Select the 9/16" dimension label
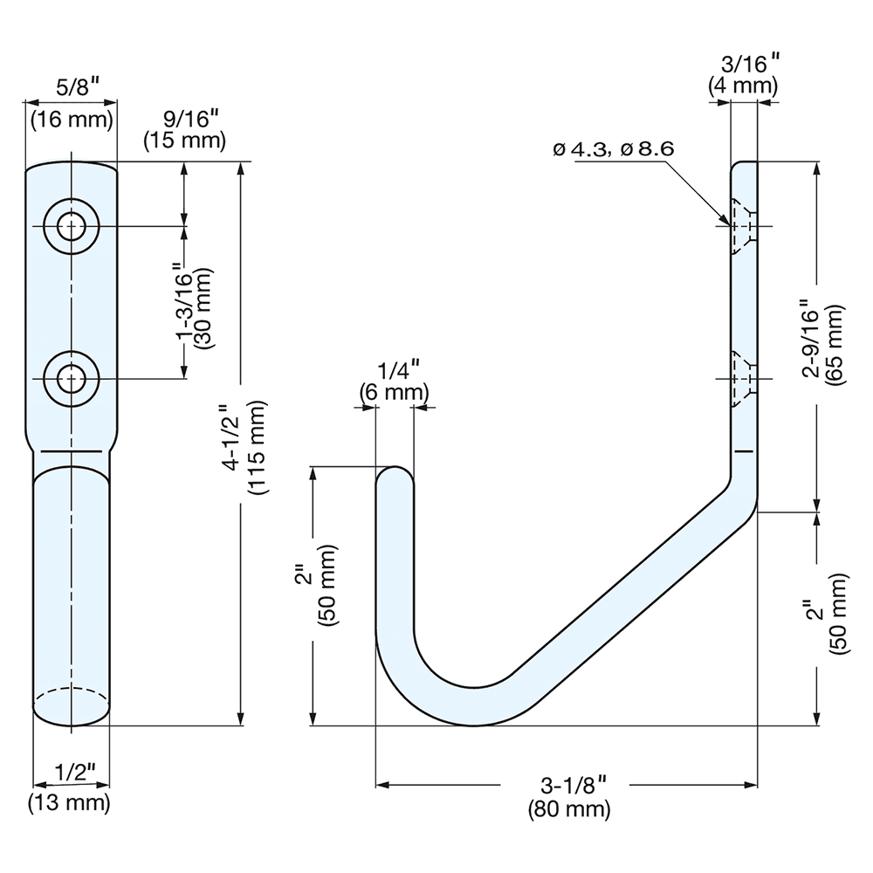[184, 117]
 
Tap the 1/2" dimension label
[72, 772]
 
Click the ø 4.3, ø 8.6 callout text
[614, 148]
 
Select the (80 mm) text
[569, 809]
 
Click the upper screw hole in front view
[71, 227]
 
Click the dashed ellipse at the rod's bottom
[72, 704]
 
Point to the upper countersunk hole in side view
[742, 227]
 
